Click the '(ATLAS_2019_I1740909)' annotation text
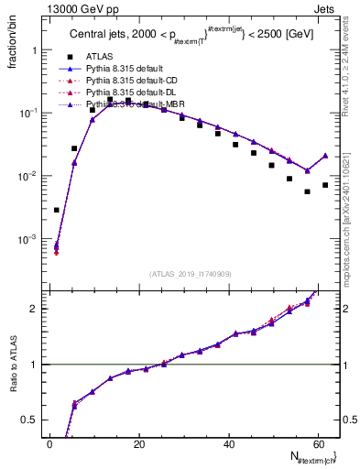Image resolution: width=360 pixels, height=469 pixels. tap(191, 274)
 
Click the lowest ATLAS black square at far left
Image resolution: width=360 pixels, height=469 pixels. tap(57, 210)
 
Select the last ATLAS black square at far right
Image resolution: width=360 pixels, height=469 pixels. tap(325, 185)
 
